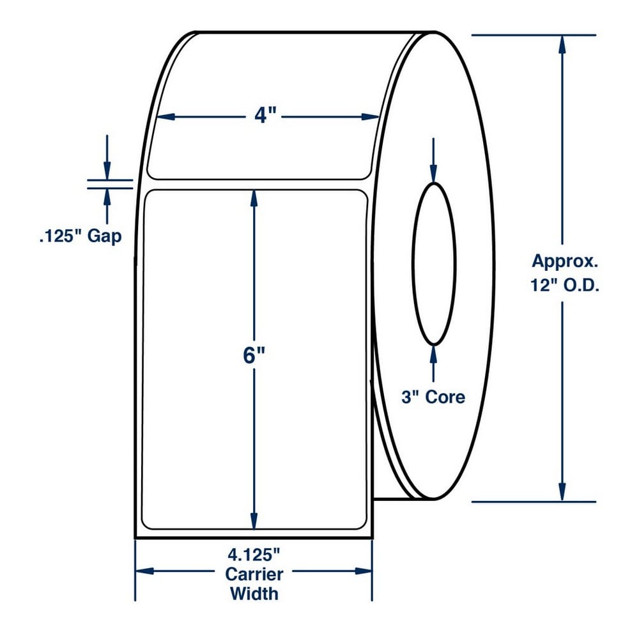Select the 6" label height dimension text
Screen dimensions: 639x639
(x=254, y=356)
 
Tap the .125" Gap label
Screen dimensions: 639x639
(x=81, y=236)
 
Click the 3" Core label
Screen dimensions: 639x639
(x=433, y=397)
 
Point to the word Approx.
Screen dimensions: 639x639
(x=565, y=261)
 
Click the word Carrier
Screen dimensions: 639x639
(x=254, y=574)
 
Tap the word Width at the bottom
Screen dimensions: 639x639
(x=254, y=594)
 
